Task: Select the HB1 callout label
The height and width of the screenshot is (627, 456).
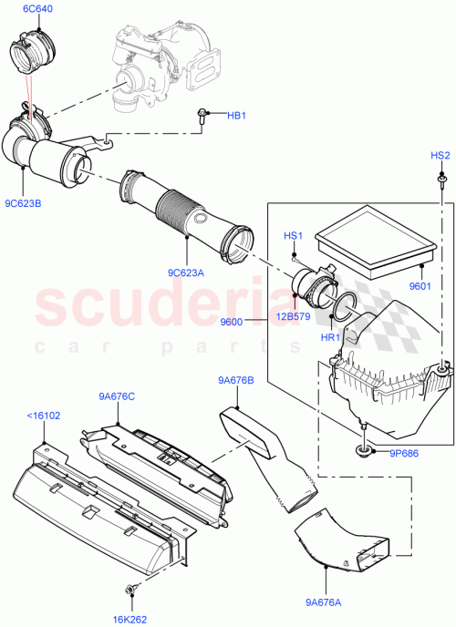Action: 236,115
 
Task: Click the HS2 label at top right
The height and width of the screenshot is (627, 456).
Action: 440,156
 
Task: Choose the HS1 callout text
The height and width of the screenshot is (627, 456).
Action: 293,236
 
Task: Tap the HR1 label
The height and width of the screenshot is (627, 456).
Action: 329,336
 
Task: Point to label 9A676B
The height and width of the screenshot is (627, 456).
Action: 235,380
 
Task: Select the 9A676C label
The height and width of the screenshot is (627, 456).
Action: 117,396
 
